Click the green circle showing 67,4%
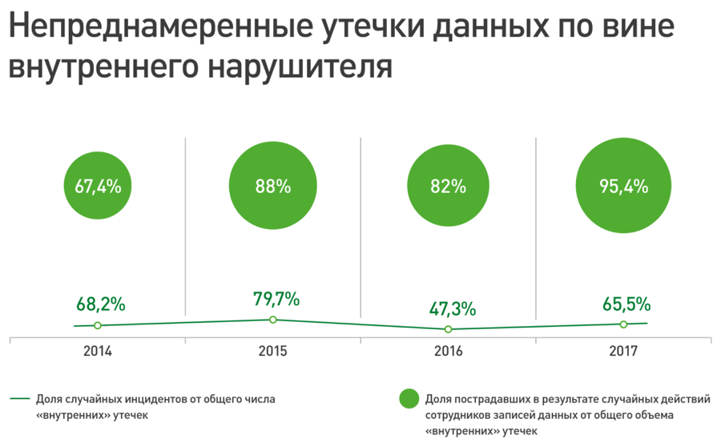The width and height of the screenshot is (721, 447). [x=98, y=187]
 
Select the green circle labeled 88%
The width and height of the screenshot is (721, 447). [x=272, y=187]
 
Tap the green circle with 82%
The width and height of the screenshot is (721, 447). [x=448, y=187]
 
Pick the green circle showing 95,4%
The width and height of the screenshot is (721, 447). [x=623, y=186]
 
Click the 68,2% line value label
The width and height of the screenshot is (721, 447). [x=101, y=304]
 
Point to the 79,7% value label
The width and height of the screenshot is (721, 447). [x=276, y=300]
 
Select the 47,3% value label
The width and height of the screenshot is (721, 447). [x=452, y=308]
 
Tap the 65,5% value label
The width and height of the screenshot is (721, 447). [x=626, y=304]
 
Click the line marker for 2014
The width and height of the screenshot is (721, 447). [x=98, y=325]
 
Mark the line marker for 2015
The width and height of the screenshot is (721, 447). [x=273, y=320]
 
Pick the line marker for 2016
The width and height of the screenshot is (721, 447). [x=448, y=329]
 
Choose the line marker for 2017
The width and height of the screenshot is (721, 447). [x=623, y=324]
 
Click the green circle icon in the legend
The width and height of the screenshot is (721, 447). [x=409, y=397]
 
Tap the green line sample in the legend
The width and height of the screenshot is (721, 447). [x=21, y=398]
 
